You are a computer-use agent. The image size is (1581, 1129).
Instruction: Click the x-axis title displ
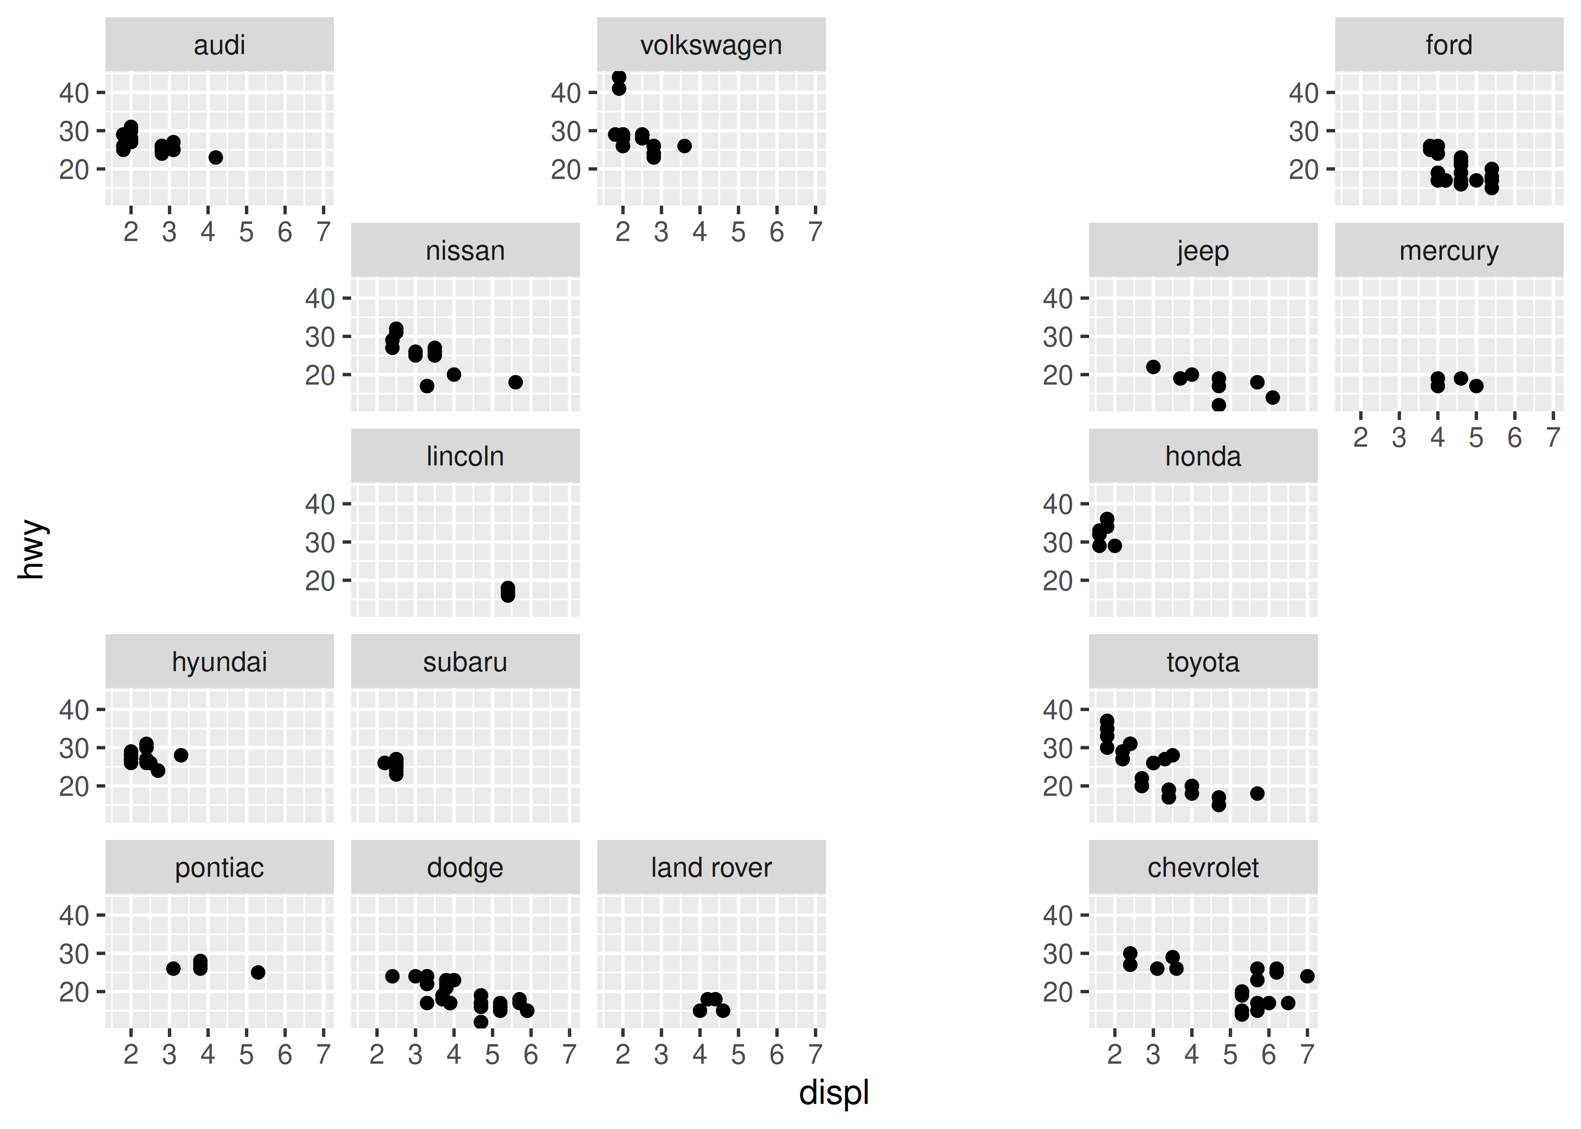point(834,1092)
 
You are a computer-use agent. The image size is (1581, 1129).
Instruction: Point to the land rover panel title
point(711,867)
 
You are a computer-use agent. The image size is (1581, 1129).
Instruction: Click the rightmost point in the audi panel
point(216,157)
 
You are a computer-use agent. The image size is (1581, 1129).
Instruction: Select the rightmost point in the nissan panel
point(515,382)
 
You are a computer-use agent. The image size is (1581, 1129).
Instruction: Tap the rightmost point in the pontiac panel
point(258,972)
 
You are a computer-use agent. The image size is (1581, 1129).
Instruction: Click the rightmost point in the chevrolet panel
point(1307,976)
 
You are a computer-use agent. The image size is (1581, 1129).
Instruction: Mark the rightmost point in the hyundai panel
point(181,755)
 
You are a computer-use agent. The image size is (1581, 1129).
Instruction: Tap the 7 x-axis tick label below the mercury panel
point(1552,438)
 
